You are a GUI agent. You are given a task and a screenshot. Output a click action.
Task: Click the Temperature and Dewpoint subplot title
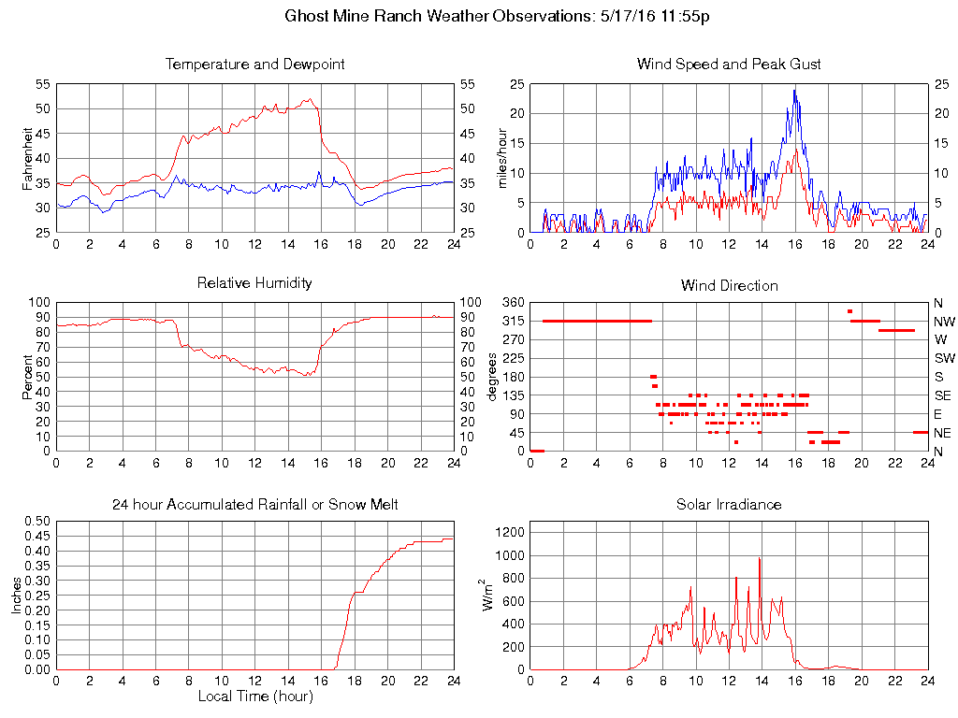(254, 65)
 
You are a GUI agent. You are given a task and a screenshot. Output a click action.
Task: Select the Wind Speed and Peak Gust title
(729, 65)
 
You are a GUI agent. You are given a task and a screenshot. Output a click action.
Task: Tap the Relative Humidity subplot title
(254, 282)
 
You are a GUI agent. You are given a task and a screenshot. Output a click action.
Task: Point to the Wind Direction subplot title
(729, 285)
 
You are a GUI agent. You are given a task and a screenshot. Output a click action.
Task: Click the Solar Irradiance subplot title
(729, 505)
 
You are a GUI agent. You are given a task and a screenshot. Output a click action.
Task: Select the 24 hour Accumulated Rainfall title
(254, 505)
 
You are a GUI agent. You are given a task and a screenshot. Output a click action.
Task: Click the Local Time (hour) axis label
(254, 696)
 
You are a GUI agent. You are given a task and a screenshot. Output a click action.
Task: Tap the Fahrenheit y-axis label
(27, 158)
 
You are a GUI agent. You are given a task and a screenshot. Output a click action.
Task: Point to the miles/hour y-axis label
(501, 158)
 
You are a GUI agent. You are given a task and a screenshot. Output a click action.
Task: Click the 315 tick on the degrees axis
(513, 321)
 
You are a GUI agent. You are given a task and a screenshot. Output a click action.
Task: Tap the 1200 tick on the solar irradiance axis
(509, 532)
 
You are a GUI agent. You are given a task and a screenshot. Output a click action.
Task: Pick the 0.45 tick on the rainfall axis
(37, 536)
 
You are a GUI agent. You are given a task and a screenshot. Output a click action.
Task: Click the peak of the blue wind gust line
(794, 90)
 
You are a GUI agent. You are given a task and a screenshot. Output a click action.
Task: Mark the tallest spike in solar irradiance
(760, 558)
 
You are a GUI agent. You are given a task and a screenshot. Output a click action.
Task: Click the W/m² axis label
(488, 595)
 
